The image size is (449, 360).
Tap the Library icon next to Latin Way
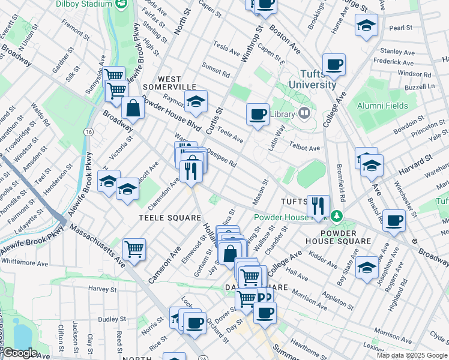coord(304,113)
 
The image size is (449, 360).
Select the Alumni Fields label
coord(384,106)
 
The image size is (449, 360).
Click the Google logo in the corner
coord(19,353)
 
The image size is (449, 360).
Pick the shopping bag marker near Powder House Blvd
coord(133,109)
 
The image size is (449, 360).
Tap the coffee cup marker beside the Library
coord(258,114)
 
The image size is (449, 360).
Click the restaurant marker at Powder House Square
coord(318,206)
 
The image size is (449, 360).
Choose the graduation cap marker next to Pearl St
coord(366,25)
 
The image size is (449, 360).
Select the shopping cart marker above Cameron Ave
coord(134,249)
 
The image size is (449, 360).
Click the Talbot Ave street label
coord(306,148)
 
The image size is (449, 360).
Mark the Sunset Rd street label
coord(216,70)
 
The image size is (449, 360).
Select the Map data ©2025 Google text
coord(412,355)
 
